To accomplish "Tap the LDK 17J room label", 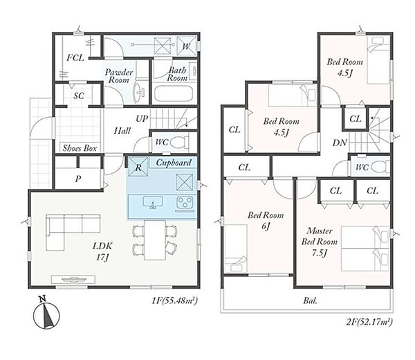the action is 102,251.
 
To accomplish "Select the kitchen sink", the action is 153,203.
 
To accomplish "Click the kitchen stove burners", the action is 185,202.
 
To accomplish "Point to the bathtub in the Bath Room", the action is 174,93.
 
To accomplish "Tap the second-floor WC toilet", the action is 380,168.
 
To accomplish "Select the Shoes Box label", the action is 80,148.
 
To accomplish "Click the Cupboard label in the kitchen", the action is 174,163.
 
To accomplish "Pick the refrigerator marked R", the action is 138,167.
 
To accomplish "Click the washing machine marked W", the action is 187,46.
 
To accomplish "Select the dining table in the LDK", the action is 155,240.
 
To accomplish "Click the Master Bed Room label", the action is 320,242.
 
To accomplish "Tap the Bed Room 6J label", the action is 266,220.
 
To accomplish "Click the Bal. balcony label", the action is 310,300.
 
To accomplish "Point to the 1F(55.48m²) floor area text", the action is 174,300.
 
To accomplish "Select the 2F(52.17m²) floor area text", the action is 369,322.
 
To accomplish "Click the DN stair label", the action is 340,143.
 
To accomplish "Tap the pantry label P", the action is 77,179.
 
